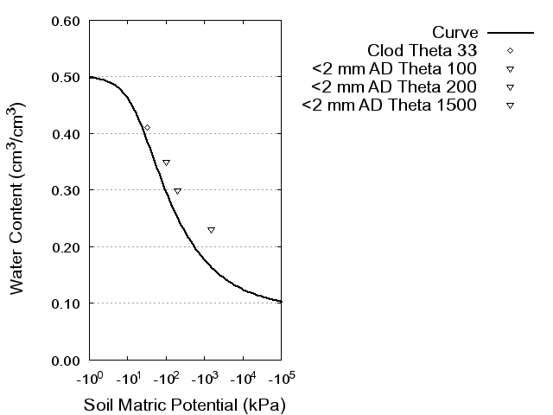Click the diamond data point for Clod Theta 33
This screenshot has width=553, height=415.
[147, 127]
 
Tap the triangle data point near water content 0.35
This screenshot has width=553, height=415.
[166, 163]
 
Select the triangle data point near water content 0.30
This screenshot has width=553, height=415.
[177, 191]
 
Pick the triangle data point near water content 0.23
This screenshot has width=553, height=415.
[211, 230]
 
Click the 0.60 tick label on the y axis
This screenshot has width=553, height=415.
[66, 21]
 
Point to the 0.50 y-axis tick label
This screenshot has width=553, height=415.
[66, 77]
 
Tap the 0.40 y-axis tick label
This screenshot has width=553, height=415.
[66, 134]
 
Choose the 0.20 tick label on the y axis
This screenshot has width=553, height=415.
[66, 246]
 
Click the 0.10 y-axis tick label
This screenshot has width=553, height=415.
[66, 303]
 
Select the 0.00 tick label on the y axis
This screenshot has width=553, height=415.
[66, 360]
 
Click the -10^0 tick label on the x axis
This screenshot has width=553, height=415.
[89, 378]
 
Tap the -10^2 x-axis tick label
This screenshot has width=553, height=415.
[166, 378]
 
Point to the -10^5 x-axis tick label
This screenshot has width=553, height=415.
[281, 378]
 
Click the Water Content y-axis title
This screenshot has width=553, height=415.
[18, 197]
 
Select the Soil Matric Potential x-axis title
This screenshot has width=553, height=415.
[184, 405]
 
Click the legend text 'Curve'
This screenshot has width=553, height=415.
[455, 33]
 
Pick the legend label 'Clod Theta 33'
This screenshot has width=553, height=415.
[423, 50]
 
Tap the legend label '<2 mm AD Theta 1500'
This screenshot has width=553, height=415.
[390, 105]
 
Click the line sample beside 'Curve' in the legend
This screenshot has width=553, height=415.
[510, 33]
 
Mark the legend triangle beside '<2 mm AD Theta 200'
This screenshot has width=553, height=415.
[510, 87]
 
